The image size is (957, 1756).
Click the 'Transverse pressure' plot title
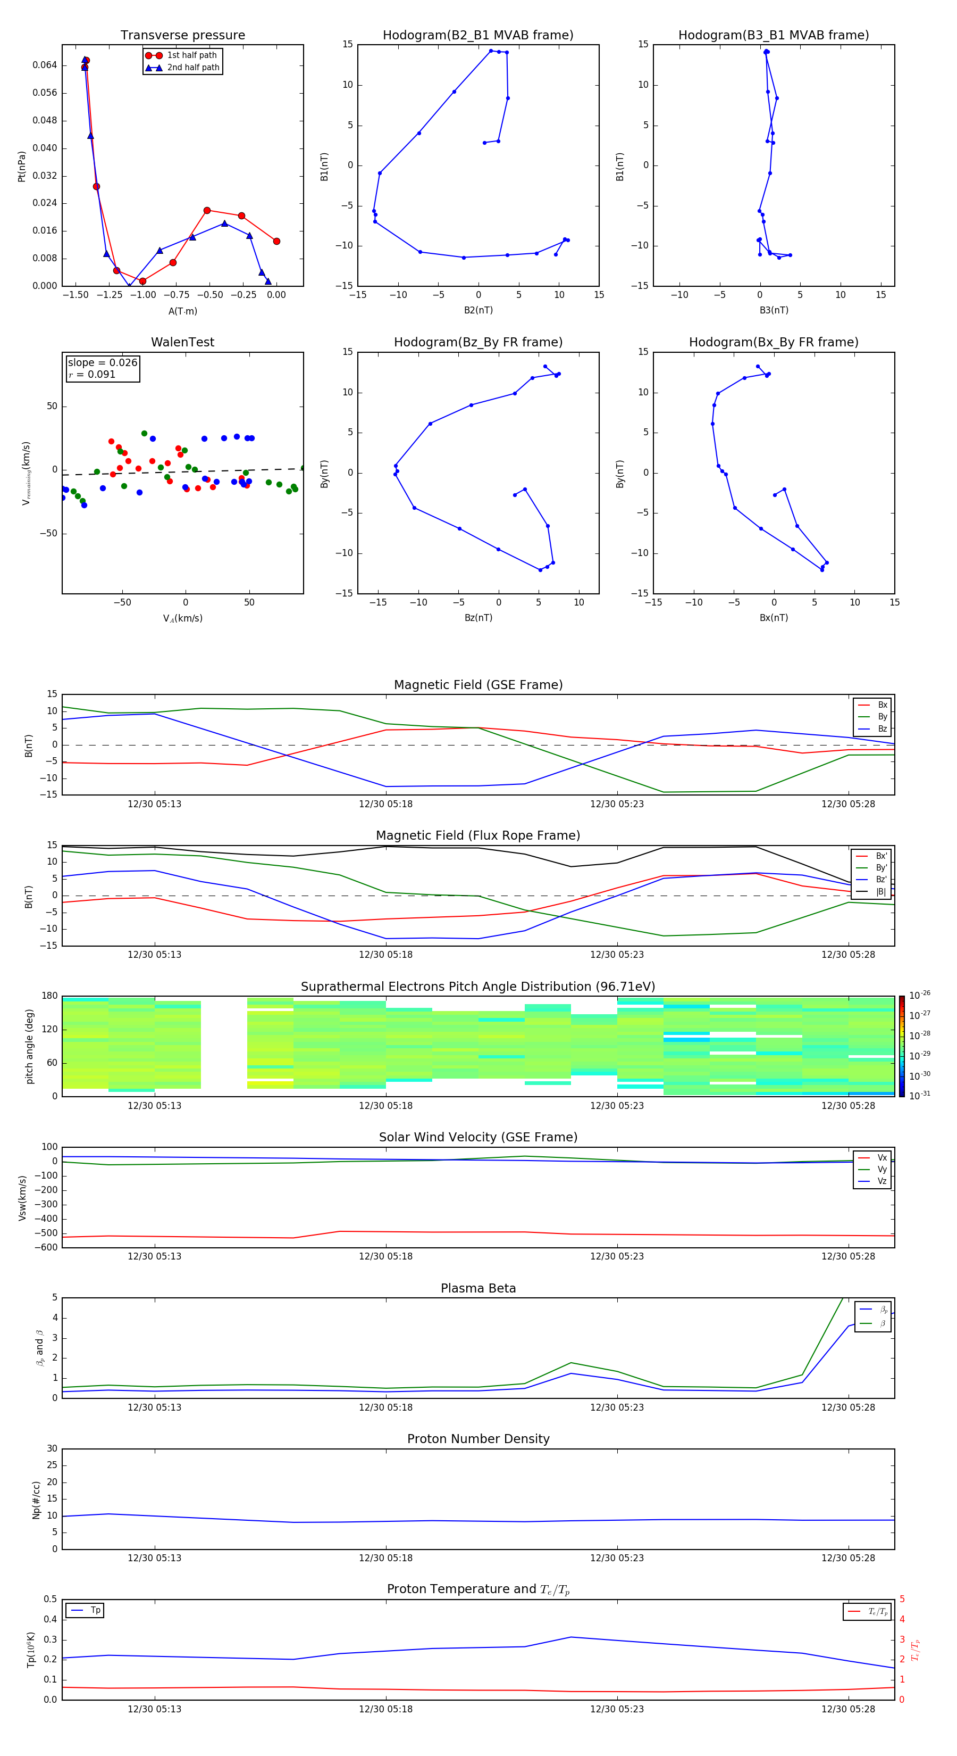(182, 36)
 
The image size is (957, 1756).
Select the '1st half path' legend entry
(191, 55)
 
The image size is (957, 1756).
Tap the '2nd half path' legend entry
(193, 68)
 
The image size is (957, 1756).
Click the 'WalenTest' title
(182, 342)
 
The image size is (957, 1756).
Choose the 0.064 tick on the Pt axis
(45, 65)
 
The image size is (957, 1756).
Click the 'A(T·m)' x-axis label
(182, 311)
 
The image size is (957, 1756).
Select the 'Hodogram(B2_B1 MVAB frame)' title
(477, 36)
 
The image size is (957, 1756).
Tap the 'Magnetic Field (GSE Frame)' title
(478, 685)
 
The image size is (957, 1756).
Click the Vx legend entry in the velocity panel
(882, 1157)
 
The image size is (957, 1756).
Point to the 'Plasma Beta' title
(478, 1288)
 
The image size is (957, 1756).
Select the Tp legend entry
(95, 1610)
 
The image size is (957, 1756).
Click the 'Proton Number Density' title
(478, 1439)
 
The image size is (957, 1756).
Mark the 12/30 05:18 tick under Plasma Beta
(385, 1407)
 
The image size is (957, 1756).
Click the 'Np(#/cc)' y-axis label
(36, 1500)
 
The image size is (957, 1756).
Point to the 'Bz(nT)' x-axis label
(478, 618)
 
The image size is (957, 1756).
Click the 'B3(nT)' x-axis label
(774, 310)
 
